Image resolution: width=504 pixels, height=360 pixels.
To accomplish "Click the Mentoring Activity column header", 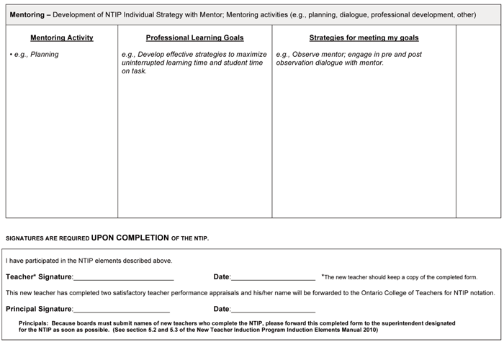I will tap(62, 37).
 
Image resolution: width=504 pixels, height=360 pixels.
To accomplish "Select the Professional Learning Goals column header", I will tap(194, 37).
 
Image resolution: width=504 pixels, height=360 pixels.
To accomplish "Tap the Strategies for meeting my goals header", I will tap(364, 37).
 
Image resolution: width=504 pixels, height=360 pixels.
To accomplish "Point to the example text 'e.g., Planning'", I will tap(36, 55).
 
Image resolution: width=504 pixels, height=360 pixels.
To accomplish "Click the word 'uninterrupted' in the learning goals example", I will tap(145, 63).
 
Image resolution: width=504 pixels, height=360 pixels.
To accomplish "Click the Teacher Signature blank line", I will tap(123, 278).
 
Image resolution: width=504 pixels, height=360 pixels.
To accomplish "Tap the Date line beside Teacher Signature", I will tap(273, 278).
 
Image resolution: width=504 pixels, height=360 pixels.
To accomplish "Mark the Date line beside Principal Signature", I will tap(273, 310).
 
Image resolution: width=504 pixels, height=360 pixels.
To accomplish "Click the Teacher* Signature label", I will tap(39, 276).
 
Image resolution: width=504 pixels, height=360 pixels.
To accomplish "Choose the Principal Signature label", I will tap(39, 309).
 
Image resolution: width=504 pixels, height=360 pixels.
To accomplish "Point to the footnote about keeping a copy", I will tap(400, 276).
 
